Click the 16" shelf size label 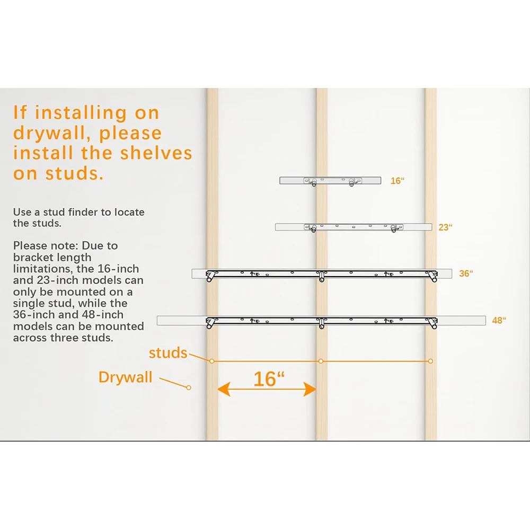click(397, 181)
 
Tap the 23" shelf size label click(445, 227)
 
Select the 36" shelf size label click(466, 273)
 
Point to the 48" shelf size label click(499, 320)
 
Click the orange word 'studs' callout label click(168, 353)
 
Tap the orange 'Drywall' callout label click(126, 377)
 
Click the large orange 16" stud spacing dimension click(269, 379)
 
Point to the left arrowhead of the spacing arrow click(224, 389)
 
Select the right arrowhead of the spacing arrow click(310, 389)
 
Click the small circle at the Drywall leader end click(189, 388)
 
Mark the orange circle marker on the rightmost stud click(430, 361)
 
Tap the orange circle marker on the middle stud click(321, 361)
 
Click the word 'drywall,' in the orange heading click(52, 134)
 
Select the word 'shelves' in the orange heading click(156, 153)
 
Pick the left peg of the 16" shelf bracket click(314, 182)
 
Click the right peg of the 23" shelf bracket click(393, 229)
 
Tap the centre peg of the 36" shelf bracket click(322, 276)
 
